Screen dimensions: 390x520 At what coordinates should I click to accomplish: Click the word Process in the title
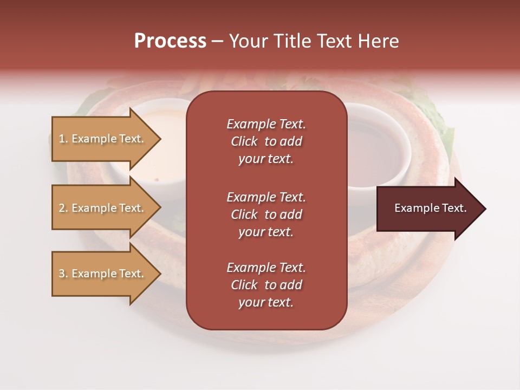pos(170,41)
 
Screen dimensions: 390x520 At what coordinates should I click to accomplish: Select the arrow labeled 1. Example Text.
pos(103,139)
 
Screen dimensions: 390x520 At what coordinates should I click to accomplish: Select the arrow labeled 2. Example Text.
pos(103,208)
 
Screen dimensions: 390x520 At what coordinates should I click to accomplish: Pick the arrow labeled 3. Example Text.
pos(103,274)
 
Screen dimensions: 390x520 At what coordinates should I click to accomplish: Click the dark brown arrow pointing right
pos(428,209)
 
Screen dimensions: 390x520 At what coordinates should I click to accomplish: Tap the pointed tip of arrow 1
pos(159,139)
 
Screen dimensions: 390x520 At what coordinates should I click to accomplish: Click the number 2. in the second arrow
pos(63,208)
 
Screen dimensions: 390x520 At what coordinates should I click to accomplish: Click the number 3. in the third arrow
pos(63,274)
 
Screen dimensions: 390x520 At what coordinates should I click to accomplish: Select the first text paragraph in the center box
pos(266,141)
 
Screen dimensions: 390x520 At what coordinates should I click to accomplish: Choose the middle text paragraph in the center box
pos(266,214)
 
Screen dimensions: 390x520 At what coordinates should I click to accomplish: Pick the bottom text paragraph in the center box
pos(266,285)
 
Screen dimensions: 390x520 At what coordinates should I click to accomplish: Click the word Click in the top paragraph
pos(244,141)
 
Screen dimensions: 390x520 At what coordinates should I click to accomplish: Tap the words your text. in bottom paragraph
pos(266,302)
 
